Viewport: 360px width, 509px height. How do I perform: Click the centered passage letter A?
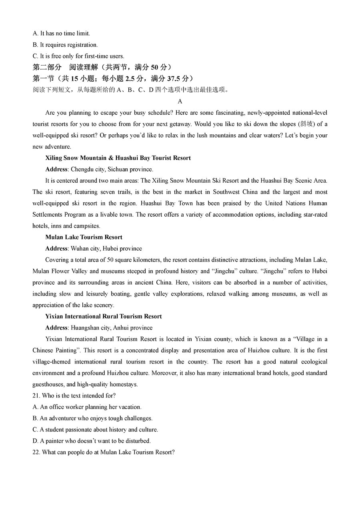(x=180, y=102)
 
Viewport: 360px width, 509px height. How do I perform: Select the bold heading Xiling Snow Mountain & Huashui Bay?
(x=118, y=158)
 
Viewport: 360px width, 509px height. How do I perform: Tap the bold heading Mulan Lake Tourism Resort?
(x=84, y=237)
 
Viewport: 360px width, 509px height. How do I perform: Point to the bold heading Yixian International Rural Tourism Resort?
(x=104, y=316)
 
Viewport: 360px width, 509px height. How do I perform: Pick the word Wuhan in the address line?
(x=80, y=248)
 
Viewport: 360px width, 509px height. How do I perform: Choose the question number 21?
(x=36, y=395)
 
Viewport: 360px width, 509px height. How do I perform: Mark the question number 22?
(x=36, y=452)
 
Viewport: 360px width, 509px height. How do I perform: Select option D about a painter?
(x=92, y=441)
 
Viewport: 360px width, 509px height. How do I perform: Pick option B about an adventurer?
(x=92, y=418)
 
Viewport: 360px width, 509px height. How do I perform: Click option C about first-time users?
(x=78, y=56)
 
